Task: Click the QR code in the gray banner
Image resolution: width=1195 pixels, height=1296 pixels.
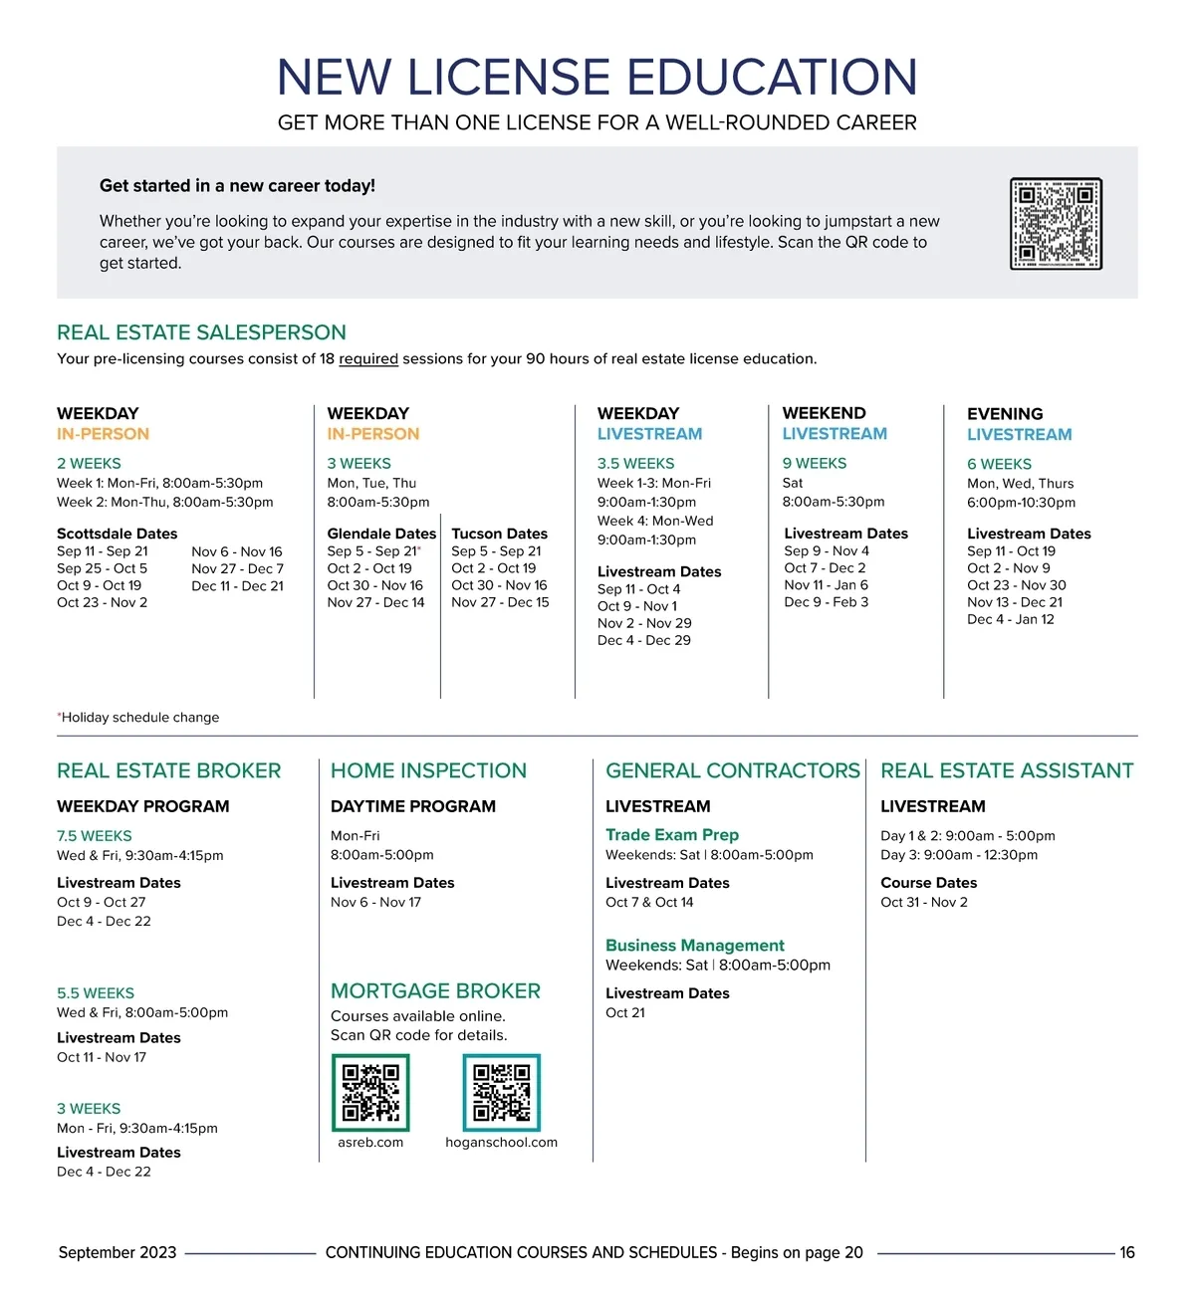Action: [1056, 224]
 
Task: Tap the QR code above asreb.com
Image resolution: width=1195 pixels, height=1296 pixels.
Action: [370, 1092]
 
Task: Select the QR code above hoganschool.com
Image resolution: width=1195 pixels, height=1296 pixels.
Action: [502, 1092]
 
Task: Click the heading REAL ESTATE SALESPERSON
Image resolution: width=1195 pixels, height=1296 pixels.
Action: [201, 332]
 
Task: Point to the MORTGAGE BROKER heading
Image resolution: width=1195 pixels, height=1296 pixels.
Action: [435, 991]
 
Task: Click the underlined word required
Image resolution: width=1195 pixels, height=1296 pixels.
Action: [368, 359]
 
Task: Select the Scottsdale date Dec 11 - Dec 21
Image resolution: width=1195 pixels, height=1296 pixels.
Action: [237, 586]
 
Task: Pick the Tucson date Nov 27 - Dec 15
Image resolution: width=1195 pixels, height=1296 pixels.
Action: [500, 602]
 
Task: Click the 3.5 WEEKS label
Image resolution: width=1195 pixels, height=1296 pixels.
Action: [635, 464]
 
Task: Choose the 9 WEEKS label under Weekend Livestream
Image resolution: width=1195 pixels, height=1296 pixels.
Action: [815, 464]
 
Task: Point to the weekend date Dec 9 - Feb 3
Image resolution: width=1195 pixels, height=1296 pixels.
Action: [826, 602]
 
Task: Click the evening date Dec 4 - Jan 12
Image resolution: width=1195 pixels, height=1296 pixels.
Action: [1011, 619]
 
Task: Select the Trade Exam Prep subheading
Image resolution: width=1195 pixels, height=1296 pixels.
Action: [672, 835]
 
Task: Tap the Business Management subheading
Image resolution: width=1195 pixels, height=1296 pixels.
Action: [695, 946]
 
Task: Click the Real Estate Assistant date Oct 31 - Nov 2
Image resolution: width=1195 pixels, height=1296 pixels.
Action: [924, 903]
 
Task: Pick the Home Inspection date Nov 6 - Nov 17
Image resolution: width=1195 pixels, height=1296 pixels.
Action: [375, 903]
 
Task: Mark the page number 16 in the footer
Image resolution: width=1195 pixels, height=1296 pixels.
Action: [1127, 1253]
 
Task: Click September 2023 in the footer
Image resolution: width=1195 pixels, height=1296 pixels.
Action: [118, 1253]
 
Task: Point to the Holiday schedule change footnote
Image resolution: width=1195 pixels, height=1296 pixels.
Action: [139, 718]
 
